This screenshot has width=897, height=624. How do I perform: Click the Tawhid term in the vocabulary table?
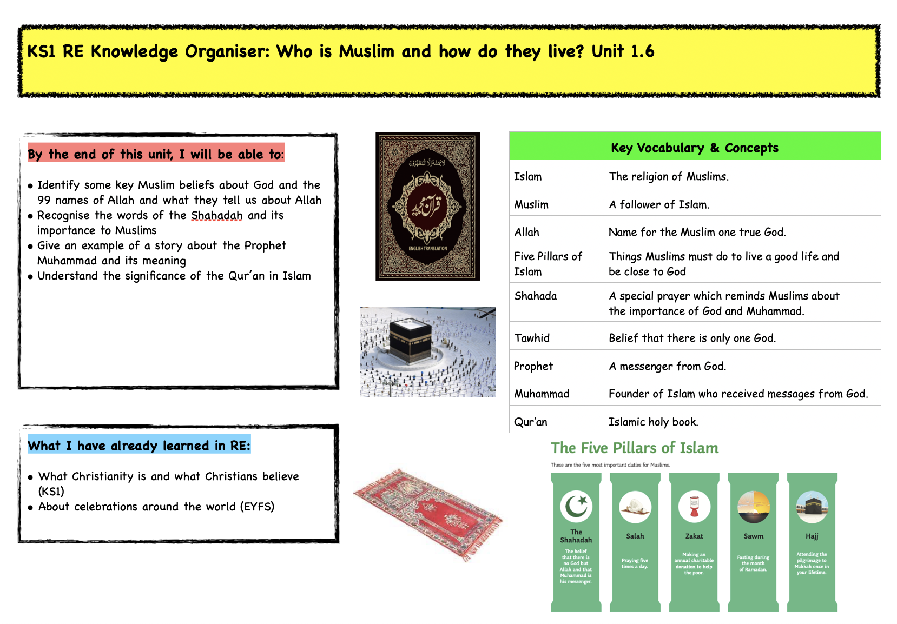(532, 338)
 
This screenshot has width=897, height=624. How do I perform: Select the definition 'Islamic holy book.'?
(653, 422)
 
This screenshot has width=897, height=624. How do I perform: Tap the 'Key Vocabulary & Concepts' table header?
(694, 148)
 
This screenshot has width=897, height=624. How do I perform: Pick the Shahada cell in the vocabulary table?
(535, 296)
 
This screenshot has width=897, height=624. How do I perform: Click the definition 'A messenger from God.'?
(667, 366)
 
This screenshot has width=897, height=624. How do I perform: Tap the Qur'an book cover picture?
(427, 206)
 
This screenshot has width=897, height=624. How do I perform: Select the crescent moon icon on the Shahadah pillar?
(576, 506)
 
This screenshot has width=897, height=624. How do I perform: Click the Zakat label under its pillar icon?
(694, 536)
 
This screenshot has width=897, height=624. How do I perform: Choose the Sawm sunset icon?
(753, 507)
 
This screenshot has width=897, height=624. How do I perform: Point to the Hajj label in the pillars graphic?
(812, 536)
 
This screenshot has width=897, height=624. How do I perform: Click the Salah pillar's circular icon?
(635, 507)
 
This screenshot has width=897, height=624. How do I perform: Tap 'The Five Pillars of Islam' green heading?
(635, 448)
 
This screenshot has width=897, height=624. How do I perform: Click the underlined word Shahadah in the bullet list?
(216, 216)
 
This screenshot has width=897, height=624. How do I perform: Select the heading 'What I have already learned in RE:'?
(139, 446)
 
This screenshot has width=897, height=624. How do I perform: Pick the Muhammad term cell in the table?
(542, 394)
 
